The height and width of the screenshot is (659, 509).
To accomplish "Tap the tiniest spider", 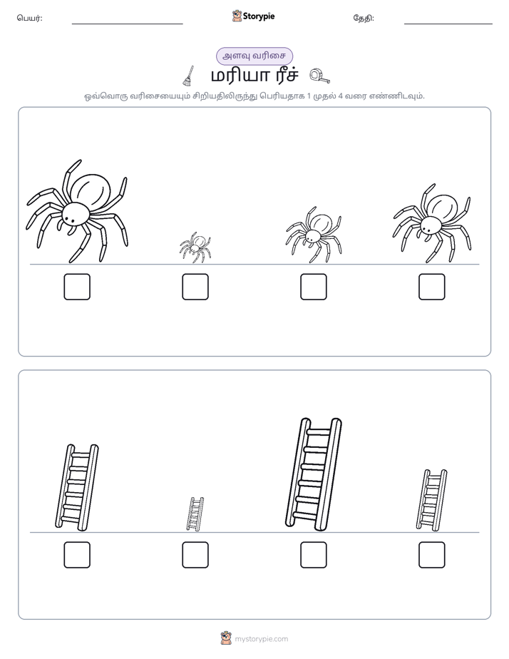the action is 195,247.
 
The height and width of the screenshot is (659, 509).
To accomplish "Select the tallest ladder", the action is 313,474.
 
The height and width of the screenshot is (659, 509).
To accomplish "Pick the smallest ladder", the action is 195,514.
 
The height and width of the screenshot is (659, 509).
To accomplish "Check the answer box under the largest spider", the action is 77,287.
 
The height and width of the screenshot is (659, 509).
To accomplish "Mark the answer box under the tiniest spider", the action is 195,287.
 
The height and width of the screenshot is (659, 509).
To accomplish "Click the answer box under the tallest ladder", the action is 313,555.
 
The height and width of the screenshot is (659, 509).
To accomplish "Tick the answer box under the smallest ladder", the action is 195,555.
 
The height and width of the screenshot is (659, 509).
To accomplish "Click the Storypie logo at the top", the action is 253,16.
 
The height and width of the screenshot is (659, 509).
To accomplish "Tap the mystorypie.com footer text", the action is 261,639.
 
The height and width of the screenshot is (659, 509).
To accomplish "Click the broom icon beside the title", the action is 189,76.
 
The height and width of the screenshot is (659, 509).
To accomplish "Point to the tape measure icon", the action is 319,76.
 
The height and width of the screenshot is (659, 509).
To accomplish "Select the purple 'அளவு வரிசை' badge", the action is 254,56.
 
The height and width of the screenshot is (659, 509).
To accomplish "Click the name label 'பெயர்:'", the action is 29,18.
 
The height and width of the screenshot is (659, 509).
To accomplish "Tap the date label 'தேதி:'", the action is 364,18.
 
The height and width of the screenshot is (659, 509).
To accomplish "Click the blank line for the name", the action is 127,24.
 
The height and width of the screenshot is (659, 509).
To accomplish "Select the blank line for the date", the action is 448,24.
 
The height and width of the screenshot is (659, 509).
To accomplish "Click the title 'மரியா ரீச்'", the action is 254,76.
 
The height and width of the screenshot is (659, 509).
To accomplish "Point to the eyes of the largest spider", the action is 70,219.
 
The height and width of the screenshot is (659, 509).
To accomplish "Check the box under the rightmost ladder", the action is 432,555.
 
